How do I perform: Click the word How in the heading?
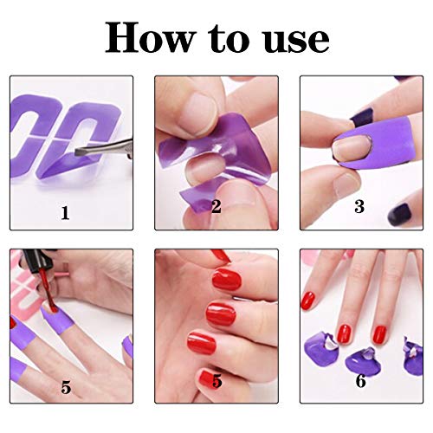pos(149,37)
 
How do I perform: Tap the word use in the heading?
pos(296,41)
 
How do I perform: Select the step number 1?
pos(66,213)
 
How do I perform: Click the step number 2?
pos(216,206)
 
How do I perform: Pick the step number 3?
pos(359,206)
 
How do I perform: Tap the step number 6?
pos(361,381)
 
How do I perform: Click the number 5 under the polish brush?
pos(66,387)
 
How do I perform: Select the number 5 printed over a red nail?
pos(217,381)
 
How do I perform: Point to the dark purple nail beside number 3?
pos(400,214)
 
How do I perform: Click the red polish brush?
pos(49,292)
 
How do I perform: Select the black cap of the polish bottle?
pos(36,261)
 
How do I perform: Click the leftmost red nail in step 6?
pos(308,301)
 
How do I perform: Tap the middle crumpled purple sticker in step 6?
pos(363,361)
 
